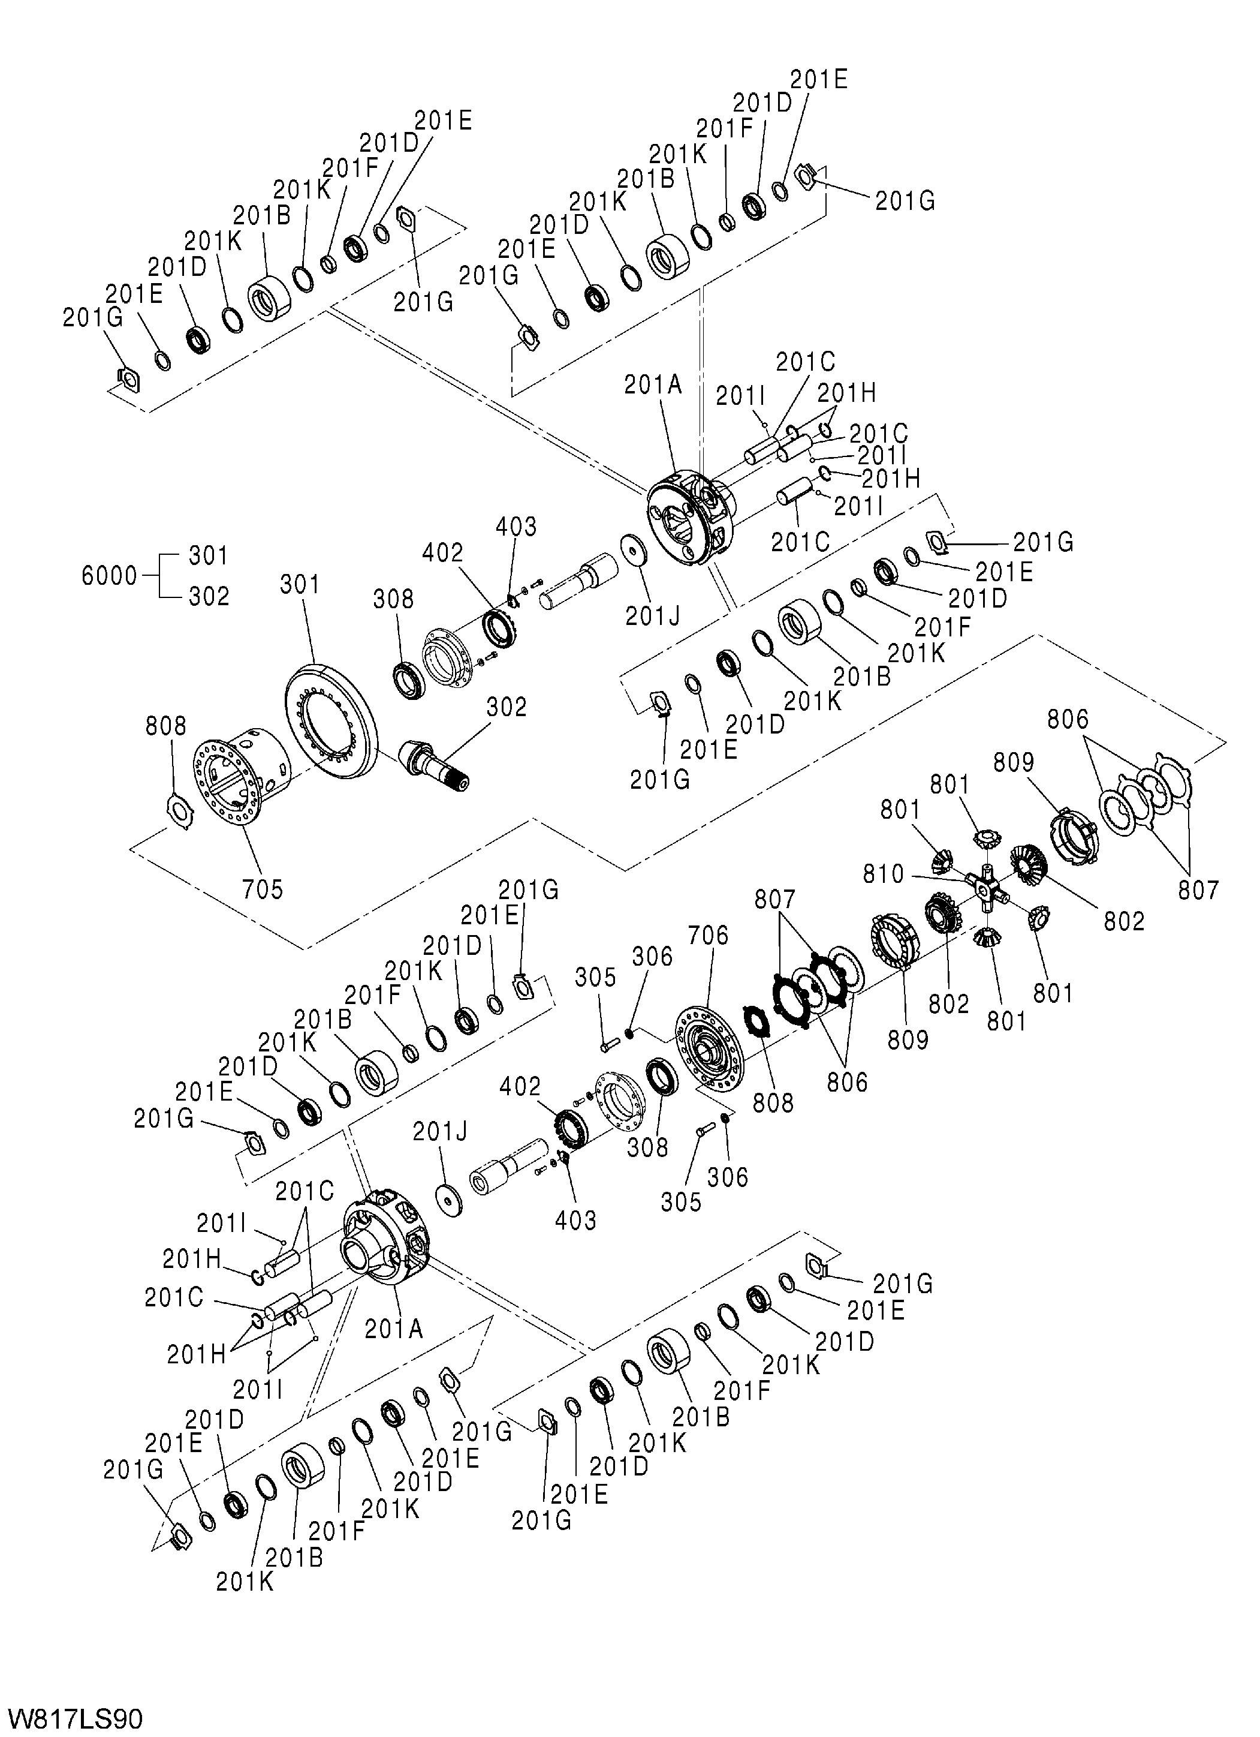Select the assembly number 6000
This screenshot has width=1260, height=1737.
(108, 576)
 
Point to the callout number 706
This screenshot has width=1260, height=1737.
(708, 935)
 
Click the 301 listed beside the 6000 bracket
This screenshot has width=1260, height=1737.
(208, 556)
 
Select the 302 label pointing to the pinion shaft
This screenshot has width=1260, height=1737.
(507, 705)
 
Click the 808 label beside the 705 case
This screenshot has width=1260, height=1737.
(166, 726)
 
